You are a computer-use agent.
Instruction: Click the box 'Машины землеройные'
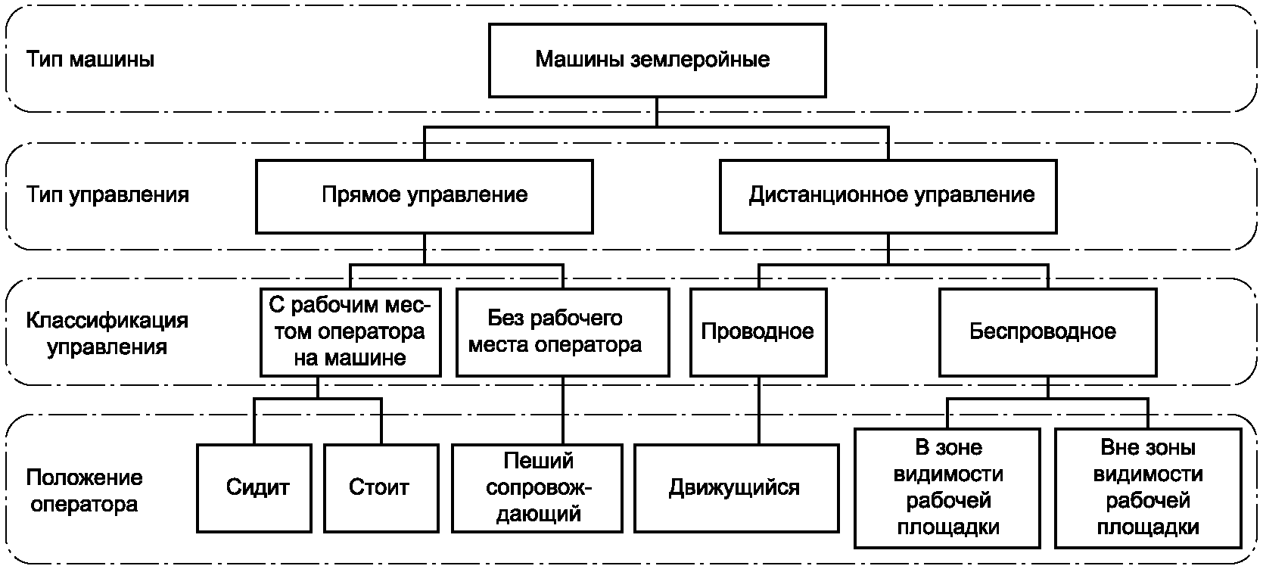coord(657,61)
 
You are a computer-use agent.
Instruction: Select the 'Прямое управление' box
coord(424,195)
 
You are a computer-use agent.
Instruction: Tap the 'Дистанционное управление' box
coord(888,195)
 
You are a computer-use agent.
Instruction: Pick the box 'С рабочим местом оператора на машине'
coord(350,332)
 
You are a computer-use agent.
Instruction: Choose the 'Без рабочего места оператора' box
coord(562,332)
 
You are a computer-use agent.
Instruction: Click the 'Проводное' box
coord(757,332)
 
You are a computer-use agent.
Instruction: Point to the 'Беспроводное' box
coord(1047,332)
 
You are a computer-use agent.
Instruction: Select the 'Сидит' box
coord(254,487)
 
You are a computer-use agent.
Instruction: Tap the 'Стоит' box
coord(381,487)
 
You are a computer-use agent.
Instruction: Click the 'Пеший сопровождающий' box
coord(538,487)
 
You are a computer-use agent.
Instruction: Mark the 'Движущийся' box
coord(736,487)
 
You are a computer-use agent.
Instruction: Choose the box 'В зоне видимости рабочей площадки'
coord(949,487)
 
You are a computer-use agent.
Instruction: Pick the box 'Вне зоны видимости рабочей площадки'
coord(1147,487)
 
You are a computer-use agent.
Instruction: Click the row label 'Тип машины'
coord(91,60)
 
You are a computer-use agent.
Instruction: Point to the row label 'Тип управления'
coord(107,195)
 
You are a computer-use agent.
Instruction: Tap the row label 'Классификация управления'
coord(107,334)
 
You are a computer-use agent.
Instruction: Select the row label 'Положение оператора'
coord(84,490)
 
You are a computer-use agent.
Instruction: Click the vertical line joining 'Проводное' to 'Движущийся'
coord(757,410)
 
